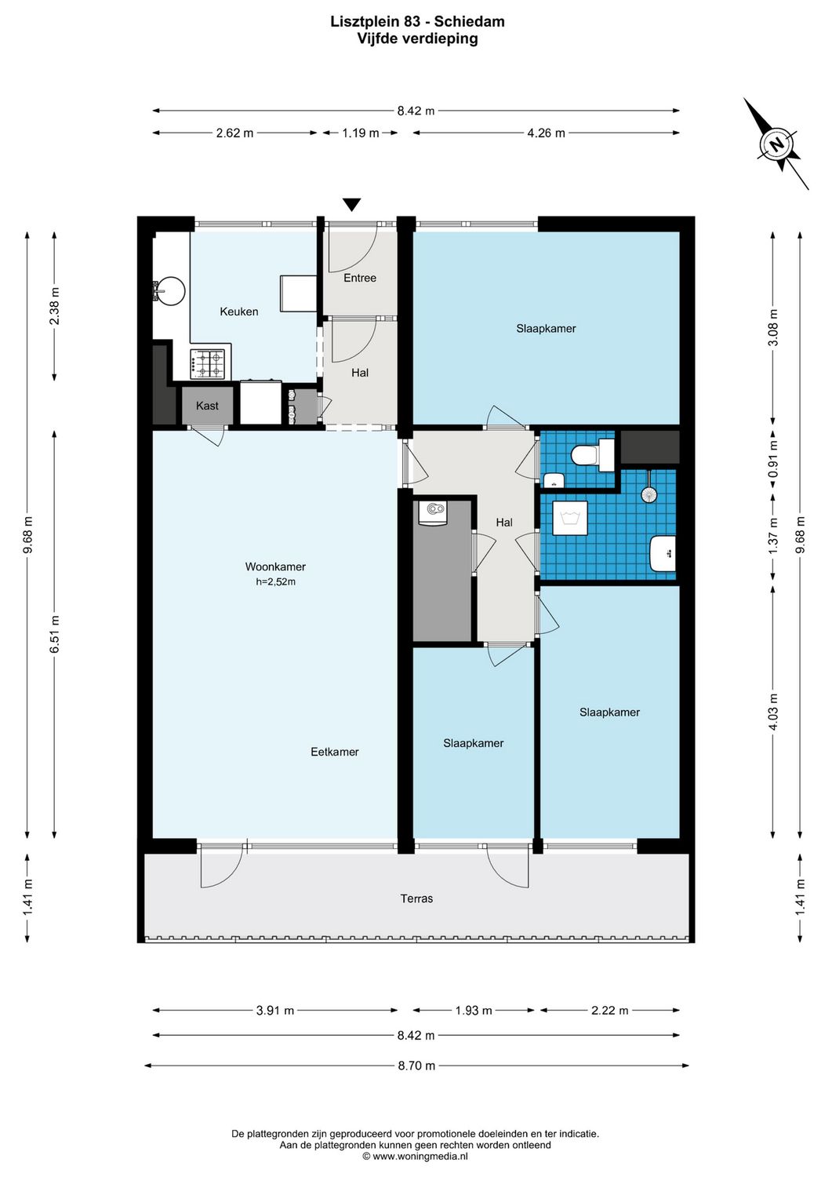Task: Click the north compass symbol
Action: (x=776, y=144)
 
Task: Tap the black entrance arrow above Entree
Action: (x=352, y=204)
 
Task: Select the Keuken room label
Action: (x=238, y=312)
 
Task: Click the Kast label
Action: (x=207, y=406)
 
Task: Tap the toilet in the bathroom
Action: (x=592, y=455)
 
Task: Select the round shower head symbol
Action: (x=649, y=494)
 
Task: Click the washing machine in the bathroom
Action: (x=570, y=519)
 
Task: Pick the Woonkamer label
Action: (x=275, y=567)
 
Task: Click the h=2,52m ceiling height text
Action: (x=275, y=582)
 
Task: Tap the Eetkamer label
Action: (x=334, y=752)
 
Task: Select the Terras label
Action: (x=416, y=898)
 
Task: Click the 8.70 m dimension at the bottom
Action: (x=416, y=1066)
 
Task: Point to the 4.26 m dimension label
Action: (x=546, y=133)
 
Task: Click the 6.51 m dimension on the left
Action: (x=55, y=634)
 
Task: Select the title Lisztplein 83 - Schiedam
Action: (x=417, y=22)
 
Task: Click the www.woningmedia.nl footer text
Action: (x=415, y=1156)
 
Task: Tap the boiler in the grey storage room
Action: (x=434, y=512)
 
